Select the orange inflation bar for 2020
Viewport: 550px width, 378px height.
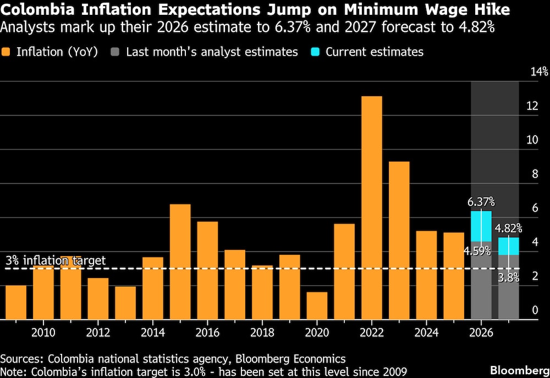(317, 305)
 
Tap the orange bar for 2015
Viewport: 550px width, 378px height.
(180, 261)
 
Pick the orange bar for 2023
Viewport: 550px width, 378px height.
(399, 240)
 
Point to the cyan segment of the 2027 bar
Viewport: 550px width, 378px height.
(509, 246)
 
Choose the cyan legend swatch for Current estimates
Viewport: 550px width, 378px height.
(317, 52)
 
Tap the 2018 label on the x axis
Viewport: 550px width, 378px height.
(262, 332)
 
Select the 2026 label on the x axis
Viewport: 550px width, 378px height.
(481, 332)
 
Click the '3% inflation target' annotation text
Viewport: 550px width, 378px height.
(55, 260)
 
